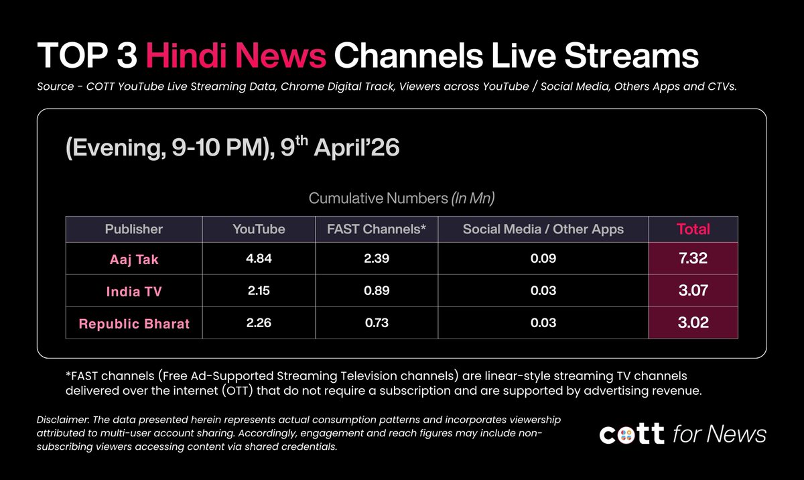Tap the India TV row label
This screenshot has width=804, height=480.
tap(134, 292)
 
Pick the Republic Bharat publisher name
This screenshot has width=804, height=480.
tap(134, 324)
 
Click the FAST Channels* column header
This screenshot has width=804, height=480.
tap(377, 229)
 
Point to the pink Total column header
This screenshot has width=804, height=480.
tap(693, 229)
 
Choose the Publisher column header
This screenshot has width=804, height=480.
tap(134, 229)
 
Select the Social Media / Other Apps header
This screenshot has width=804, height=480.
tap(543, 229)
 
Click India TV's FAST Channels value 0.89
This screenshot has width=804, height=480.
tap(377, 292)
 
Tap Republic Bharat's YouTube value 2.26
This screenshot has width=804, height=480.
tap(259, 323)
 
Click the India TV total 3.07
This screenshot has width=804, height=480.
tap(693, 292)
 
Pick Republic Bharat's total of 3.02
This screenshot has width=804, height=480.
tap(693, 323)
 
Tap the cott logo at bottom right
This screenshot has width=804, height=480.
tap(632, 434)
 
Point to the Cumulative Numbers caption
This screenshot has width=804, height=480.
tap(401, 198)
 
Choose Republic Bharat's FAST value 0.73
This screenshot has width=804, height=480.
tap(377, 323)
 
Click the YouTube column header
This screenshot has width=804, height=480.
tap(259, 229)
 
